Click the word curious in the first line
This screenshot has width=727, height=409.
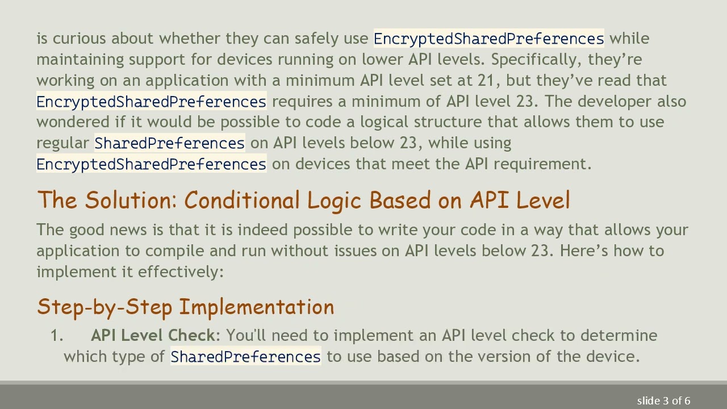(x=80, y=39)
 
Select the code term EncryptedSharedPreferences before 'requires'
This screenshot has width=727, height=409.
(x=151, y=102)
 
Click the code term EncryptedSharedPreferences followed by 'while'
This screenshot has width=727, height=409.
(x=488, y=39)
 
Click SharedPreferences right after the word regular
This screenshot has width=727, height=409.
(x=169, y=143)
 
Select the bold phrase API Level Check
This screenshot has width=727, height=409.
(x=153, y=336)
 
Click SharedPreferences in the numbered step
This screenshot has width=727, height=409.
(x=245, y=357)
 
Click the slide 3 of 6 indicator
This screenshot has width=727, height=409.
(x=663, y=401)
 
